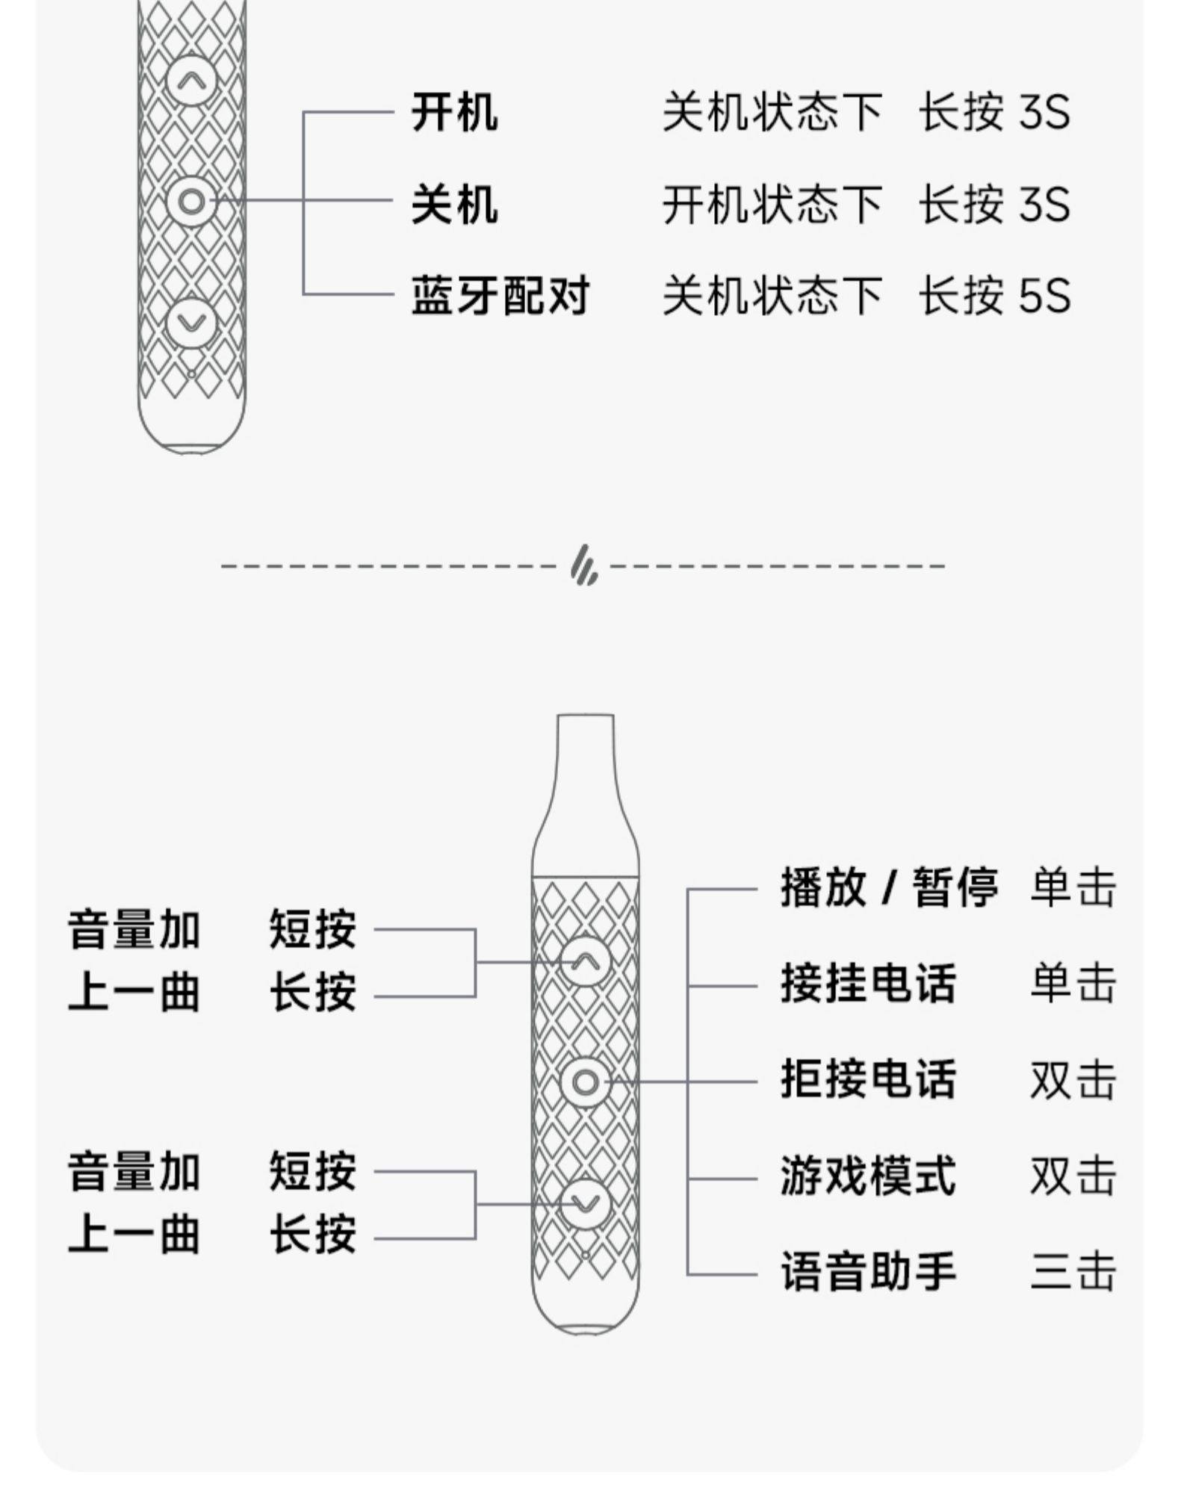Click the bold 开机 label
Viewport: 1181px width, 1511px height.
coord(454,113)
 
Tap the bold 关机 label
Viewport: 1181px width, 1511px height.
coord(454,204)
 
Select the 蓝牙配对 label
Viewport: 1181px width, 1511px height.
coord(500,295)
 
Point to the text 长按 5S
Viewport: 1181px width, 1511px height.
coord(994,295)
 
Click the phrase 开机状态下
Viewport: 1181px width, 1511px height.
coord(772,204)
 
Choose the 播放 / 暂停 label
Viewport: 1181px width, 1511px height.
coord(889,887)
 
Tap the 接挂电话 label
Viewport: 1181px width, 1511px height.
coord(868,984)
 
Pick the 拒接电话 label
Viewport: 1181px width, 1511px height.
coord(868,1080)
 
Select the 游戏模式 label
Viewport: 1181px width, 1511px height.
coord(868,1176)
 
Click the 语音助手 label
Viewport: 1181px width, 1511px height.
coord(868,1273)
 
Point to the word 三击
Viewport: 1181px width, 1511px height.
coord(1073,1273)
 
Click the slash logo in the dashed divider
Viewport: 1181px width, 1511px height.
coord(584,565)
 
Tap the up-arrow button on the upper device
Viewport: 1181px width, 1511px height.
coord(191,79)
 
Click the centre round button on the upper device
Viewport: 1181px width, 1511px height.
coord(191,201)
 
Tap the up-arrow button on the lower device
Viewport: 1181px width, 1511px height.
coord(585,961)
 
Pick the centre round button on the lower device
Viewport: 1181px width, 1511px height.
coord(585,1082)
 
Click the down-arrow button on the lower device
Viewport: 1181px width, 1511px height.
coord(585,1203)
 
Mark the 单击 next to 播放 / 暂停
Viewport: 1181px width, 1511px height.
coord(1073,887)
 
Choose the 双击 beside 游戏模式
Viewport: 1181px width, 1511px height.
coord(1073,1176)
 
